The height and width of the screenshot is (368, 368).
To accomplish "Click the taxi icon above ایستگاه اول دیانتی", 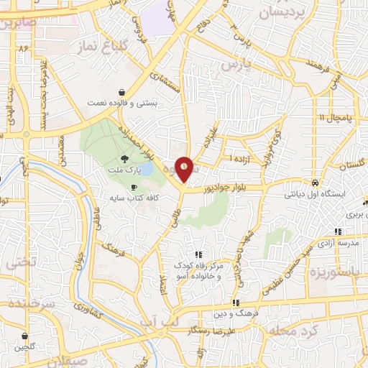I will click(x=315, y=182).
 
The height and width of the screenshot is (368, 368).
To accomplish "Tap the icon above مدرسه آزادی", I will click(x=338, y=232).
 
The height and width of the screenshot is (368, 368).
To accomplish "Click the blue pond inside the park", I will click(x=145, y=170).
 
